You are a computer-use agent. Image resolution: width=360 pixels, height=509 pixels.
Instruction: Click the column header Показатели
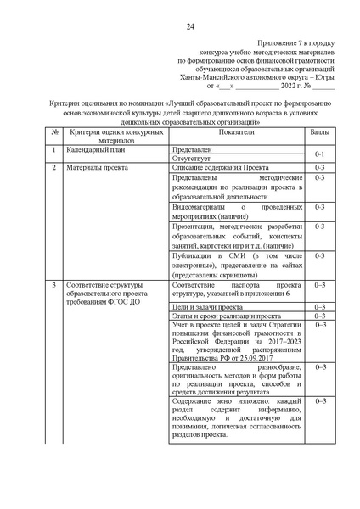[235, 133]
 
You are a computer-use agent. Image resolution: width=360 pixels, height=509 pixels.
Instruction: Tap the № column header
[53, 133]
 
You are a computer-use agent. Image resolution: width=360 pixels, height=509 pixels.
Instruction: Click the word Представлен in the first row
[188, 148]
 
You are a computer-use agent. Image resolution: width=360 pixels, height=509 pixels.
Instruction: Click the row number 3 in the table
[53, 285]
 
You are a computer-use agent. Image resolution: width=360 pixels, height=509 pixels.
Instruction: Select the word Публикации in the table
[192, 255]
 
